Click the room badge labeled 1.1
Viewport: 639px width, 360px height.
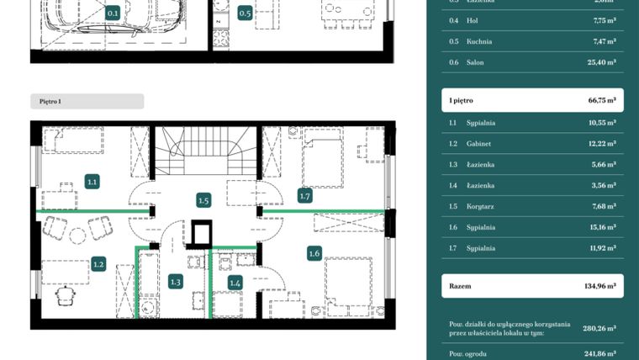click(92, 181)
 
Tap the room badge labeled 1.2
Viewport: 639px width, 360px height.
click(98, 264)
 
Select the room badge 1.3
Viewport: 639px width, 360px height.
click(176, 282)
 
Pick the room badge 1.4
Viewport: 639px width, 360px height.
click(235, 283)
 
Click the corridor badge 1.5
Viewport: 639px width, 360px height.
click(203, 200)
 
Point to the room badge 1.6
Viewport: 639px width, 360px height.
click(314, 252)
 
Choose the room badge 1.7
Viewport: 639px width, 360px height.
click(305, 196)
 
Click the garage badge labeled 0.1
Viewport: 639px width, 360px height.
click(113, 13)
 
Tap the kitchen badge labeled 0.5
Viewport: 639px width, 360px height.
click(245, 13)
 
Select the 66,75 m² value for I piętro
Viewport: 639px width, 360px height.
click(601, 100)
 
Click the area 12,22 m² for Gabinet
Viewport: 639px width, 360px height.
click(601, 144)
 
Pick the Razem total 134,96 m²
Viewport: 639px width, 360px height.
click(600, 286)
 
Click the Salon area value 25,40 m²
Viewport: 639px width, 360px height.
click(601, 62)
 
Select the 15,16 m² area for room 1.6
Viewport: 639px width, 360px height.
click(601, 227)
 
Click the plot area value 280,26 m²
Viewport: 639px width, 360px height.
click(600, 328)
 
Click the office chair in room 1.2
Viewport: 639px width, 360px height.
click(66, 296)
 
